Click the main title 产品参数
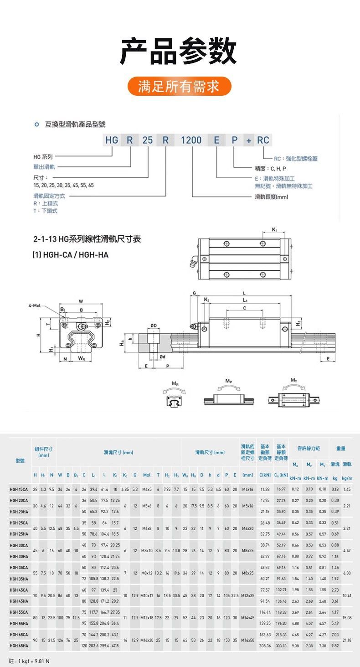179,51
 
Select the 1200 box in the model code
191,140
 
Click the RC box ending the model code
263,140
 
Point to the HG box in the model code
112,140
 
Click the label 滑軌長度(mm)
272,197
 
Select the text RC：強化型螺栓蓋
296,159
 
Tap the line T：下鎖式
46,211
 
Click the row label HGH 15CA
20,489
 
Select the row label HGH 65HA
20,646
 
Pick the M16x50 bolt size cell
248,640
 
